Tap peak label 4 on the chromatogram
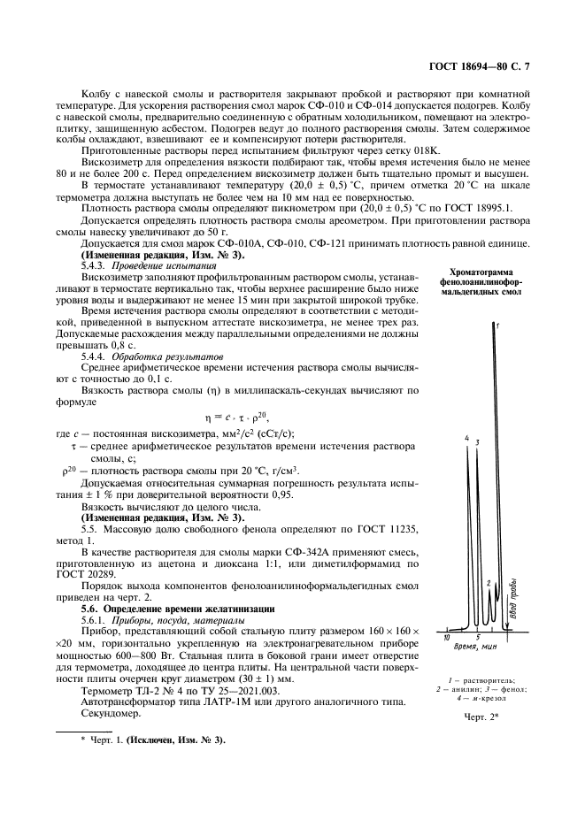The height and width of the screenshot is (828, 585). pyautogui.click(x=466, y=438)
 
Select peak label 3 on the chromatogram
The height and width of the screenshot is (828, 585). pyautogui.click(x=477, y=441)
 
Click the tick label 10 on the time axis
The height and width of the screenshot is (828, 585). pyautogui.click(x=448, y=636)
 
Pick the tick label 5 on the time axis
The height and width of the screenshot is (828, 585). pyautogui.click(x=478, y=637)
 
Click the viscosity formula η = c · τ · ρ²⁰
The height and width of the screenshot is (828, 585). pyautogui.click(x=233, y=414)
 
